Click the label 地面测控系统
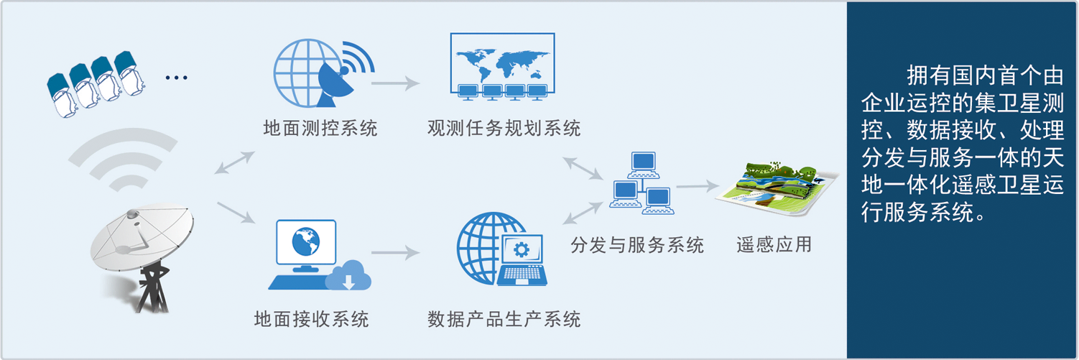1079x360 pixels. click(x=320, y=129)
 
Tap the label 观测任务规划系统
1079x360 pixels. click(x=504, y=129)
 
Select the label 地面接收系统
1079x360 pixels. click(x=311, y=318)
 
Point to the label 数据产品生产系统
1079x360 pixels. click(x=504, y=318)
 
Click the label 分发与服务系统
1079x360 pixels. click(x=636, y=245)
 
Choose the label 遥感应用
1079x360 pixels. click(x=774, y=245)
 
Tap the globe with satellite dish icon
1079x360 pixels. click(x=321, y=72)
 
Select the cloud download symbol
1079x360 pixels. click(x=348, y=277)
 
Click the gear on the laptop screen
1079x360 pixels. click(x=522, y=249)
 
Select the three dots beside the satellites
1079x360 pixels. click(x=176, y=77)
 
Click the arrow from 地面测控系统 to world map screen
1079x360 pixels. click(x=395, y=83)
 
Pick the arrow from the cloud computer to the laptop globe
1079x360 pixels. click(x=394, y=253)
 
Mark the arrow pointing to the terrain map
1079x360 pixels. click(x=697, y=187)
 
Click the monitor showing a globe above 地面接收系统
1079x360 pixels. click(x=305, y=244)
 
